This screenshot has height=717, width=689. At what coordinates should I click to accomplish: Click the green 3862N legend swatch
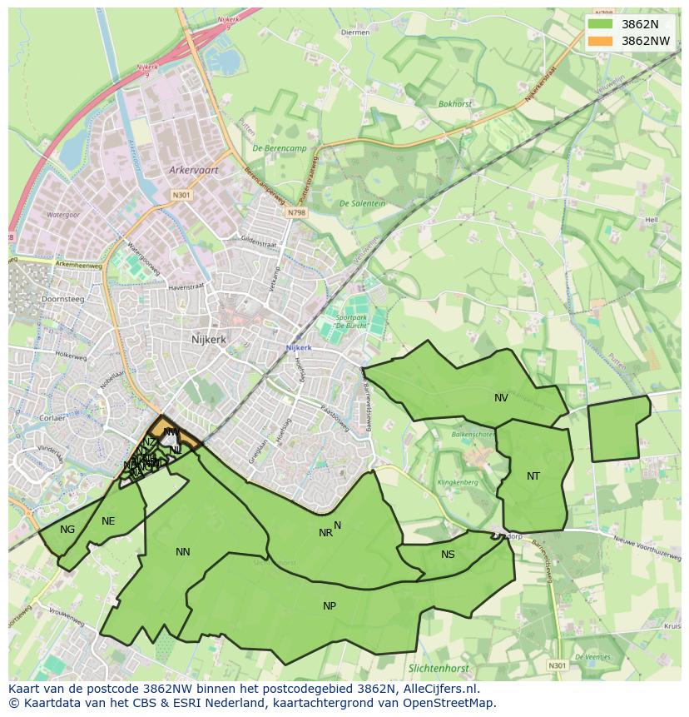pyautogui.click(x=599, y=24)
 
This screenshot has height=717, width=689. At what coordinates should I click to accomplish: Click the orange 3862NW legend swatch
pyautogui.click(x=599, y=41)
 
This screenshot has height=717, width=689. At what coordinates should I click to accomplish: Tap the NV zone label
pyautogui.click(x=501, y=398)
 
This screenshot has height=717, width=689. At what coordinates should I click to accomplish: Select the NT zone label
pyautogui.click(x=533, y=476)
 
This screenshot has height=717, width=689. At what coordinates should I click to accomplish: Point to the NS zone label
pyautogui.click(x=448, y=555)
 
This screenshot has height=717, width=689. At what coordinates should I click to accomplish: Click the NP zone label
pyautogui.click(x=330, y=605)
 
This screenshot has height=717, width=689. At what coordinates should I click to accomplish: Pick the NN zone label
pyautogui.click(x=183, y=551)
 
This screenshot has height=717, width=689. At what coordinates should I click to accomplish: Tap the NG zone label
pyautogui.click(x=67, y=529)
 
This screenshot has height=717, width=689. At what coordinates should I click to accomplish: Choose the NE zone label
pyautogui.click(x=108, y=521)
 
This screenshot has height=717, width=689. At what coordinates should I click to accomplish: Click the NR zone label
pyautogui.click(x=325, y=533)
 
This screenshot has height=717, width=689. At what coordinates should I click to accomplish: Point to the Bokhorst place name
pyautogui.click(x=455, y=104)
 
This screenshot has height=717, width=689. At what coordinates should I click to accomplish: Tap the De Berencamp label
pyautogui.click(x=280, y=147)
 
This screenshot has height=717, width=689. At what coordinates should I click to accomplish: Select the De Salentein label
pyautogui.click(x=362, y=203)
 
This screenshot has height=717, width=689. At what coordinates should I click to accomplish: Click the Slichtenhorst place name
pyautogui.click(x=439, y=668)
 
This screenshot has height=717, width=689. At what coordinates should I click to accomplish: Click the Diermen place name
pyautogui.click(x=355, y=32)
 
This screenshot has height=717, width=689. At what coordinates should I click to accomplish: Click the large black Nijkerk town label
pyautogui.click(x=208, y=339)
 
